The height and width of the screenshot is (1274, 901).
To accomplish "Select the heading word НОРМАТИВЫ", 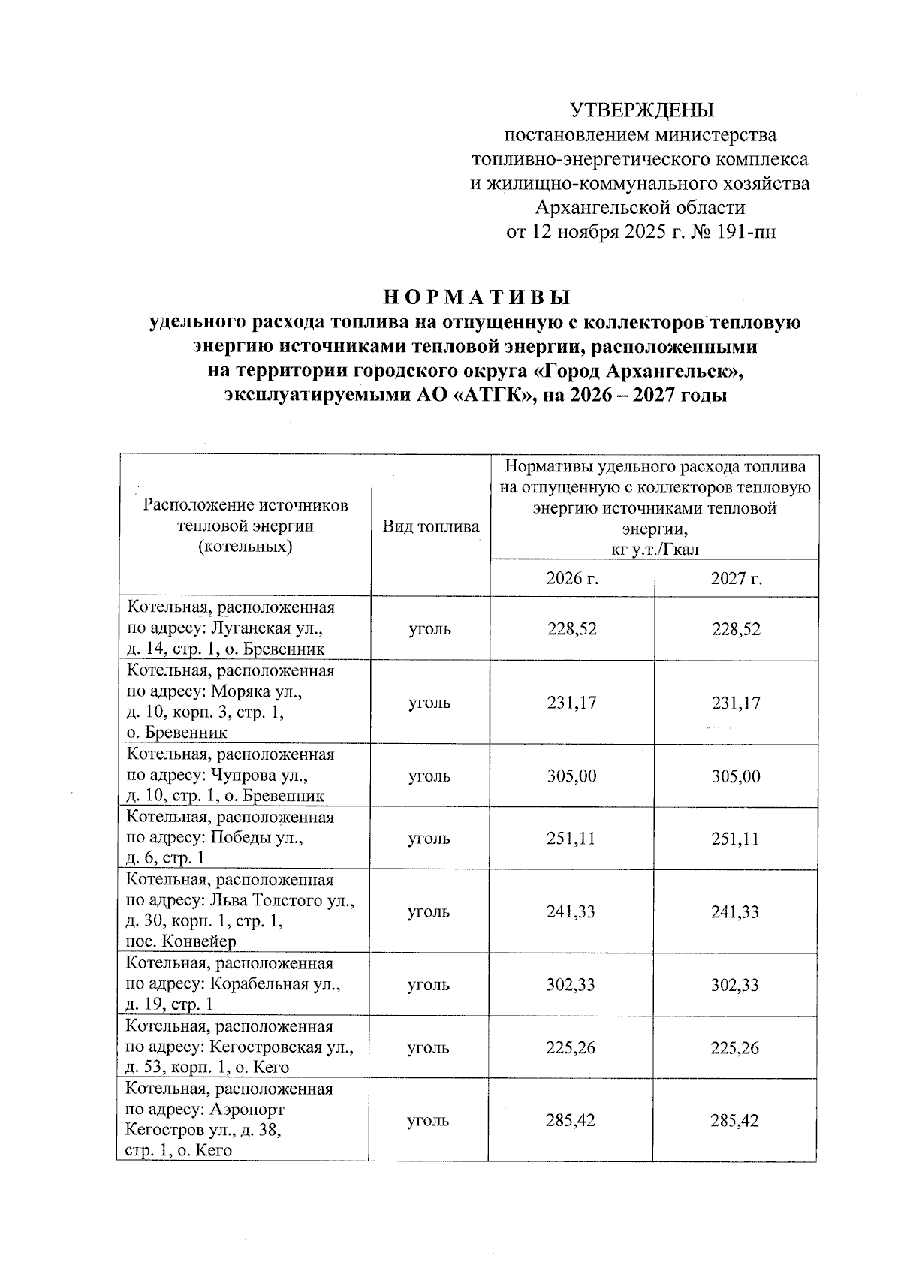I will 477,297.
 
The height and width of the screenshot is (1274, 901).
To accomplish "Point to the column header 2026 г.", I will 571,578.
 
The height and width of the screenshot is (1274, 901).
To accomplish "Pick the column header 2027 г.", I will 736,578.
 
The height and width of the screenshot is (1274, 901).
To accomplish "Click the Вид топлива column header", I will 431,526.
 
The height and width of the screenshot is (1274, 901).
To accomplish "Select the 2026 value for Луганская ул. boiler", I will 571,629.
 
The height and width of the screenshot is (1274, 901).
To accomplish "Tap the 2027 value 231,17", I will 736,703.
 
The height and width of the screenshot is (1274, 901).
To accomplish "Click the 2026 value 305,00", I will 571,776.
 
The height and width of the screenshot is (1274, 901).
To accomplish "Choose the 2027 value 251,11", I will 736,839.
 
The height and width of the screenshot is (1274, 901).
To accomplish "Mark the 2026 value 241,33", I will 571,912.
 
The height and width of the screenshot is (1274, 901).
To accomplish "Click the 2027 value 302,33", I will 736,985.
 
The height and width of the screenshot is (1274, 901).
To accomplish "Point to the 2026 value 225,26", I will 571,1047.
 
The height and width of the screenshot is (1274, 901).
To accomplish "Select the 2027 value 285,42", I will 736,1121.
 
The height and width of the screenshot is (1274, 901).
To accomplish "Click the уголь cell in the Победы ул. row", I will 429,839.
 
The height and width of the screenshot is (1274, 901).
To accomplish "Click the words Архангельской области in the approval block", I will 640,207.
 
